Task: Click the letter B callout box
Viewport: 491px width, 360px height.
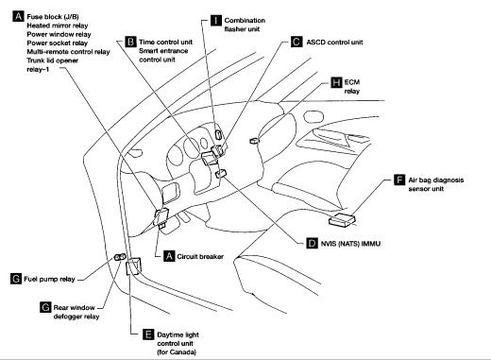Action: click(130, 42)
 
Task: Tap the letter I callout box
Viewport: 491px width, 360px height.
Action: click(216, 20)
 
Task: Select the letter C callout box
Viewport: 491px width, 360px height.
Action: click(296, 42)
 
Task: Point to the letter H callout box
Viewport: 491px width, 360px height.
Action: click(336, 82)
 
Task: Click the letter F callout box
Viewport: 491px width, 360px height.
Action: click(399, 180)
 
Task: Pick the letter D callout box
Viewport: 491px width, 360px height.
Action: click(312, 243)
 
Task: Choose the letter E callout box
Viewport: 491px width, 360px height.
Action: click(148, 334)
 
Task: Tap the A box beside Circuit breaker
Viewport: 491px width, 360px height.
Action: click(169, 256)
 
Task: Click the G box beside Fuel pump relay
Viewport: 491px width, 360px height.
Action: click(16, 279)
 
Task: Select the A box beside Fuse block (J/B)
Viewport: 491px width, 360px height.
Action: click(18, 16)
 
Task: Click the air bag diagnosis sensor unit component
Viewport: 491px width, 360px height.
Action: click(342, 219)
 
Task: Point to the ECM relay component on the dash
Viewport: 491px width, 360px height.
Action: click(254, 141)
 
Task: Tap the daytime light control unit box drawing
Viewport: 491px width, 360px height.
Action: click(133, 266)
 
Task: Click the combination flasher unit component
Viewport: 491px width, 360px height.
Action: click(218, 134)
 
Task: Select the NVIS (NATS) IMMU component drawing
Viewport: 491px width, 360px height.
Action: click(221, 173)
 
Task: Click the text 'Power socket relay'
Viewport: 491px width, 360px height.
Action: click(58, 43)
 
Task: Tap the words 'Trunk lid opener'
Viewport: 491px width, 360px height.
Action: click(53, 60)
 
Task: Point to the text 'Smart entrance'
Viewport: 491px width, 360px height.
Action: click(163, 51)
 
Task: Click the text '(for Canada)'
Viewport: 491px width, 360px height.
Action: click(177, 351)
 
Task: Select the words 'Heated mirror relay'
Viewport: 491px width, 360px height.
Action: click(58, 26)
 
